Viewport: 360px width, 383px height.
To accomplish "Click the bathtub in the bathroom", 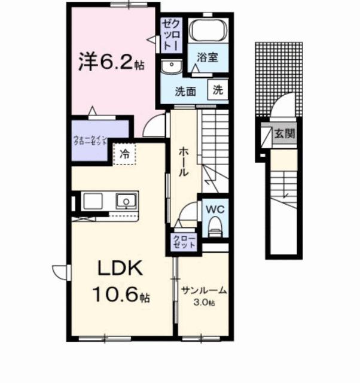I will pyautogui.click(x=207, y=30).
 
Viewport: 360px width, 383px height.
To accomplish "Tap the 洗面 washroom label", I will pyautogui.click(x=185, y=92).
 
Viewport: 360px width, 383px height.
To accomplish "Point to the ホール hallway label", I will pyautogui.click(x=184, y=162).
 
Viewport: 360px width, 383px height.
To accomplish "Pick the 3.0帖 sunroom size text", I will pyautogui.click(x=204, y=302).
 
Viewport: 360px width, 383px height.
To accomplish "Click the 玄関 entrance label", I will pyautogui.click(x=284, y=134).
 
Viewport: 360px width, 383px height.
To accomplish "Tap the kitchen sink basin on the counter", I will pyautogui.click(x=126, y=200).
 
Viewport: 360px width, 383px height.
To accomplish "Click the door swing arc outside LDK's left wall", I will pyautogui.click(x=60, y=273).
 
